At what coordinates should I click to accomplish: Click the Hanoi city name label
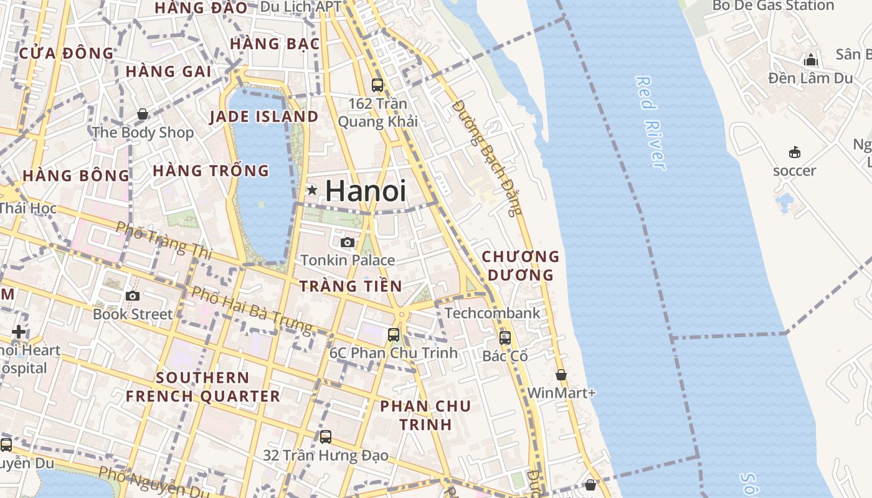coord(366,190)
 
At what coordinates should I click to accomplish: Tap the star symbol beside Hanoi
coord(312,190)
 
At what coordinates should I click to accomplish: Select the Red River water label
coord(651,123)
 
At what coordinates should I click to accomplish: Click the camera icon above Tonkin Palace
coord(348,242)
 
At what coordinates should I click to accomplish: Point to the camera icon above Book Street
coord(133,296)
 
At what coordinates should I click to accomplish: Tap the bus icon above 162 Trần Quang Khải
coord(377,85)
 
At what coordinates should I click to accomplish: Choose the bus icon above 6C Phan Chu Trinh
coord(394,334)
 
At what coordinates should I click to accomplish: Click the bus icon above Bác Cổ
coord(505,337)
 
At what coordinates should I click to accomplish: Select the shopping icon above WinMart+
coord(561,375)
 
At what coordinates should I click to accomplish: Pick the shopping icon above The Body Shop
coord(143,114)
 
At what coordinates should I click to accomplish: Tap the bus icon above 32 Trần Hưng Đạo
coord(326,436)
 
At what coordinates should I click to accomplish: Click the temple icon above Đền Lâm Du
coord(810,60)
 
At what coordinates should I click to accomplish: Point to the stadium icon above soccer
coord(794,152)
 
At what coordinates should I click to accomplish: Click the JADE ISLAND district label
coord(264,116)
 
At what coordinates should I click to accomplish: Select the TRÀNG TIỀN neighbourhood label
coord(351,286)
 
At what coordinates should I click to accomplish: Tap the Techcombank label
coord(493,312)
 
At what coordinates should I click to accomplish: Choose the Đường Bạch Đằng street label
coord(487,158)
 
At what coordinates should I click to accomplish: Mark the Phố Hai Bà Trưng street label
coord(252,309)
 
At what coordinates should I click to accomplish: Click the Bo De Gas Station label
coord(773,6)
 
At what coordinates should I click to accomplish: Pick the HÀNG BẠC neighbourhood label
coord(275,44)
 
